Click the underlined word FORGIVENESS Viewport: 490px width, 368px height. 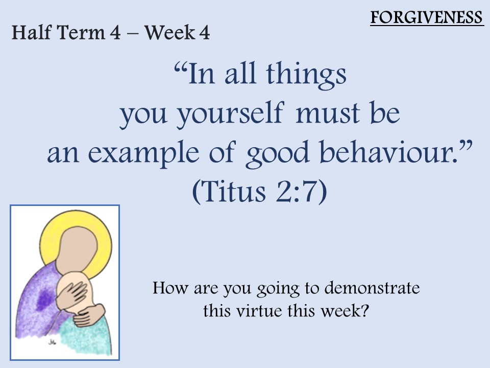point(427,17)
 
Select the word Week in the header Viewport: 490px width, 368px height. point(169,32)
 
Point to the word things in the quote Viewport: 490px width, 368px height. point(306,75)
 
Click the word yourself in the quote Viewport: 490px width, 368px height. point(231,113)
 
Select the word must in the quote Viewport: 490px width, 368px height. point(328,114)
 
